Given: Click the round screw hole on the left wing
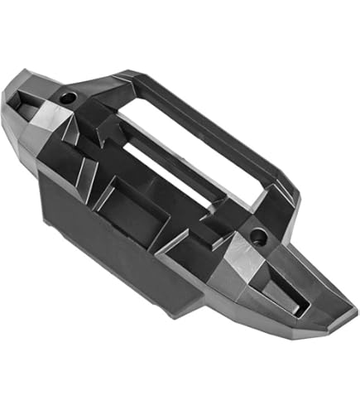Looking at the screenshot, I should pyautogui.click(x=67, y=98).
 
